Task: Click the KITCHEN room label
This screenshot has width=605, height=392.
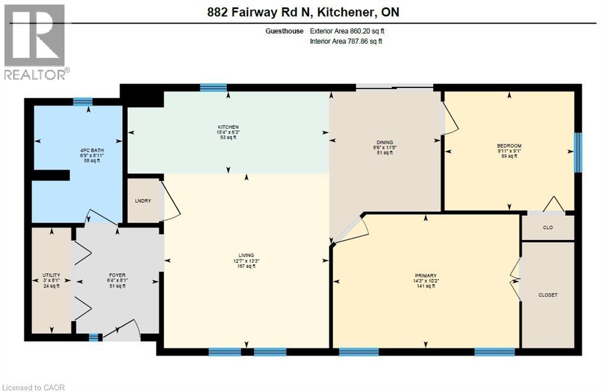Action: (228, 127)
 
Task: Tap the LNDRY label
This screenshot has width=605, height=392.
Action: (144, 201)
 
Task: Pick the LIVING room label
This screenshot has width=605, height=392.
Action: (246, 255)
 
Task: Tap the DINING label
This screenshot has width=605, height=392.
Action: (385, 142)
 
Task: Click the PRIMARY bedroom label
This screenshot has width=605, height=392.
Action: (425, 276)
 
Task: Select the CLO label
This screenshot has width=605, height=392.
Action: (548, 228)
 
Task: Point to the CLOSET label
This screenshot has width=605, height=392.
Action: (548, 294)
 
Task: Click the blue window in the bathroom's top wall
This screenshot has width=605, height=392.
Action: (83, 102)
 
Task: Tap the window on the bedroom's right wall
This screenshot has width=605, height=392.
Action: (578, 152)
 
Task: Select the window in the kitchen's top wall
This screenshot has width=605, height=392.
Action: (213, 88)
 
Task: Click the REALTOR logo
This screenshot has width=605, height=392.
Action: (35, 42)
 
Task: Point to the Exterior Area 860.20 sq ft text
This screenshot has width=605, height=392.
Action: (351, 31)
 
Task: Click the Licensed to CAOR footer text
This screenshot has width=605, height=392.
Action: (33, 387)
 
